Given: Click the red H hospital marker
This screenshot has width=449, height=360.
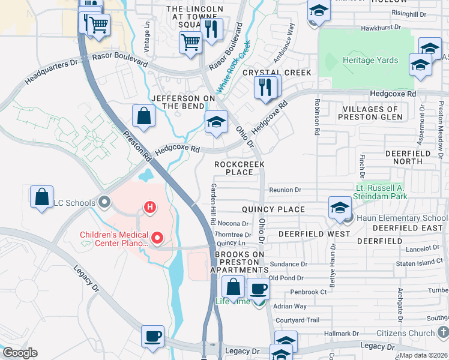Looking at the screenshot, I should (150, 208).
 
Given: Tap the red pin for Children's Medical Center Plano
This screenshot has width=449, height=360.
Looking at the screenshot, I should (158, 238).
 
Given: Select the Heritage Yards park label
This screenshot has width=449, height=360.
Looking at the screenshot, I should (370, 61).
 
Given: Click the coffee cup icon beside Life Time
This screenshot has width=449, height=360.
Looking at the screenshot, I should (258, 289).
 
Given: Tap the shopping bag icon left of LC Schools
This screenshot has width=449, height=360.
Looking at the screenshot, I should (42, 197).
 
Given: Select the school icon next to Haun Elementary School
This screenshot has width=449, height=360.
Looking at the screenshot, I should (340, 208).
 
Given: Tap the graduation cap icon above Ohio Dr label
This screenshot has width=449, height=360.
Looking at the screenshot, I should (216, 122).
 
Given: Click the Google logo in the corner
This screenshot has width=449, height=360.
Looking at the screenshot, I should (19, 352).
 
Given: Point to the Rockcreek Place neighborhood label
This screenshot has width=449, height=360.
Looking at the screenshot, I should (240, 168).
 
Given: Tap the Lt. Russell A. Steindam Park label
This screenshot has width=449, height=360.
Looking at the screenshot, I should (382, 192).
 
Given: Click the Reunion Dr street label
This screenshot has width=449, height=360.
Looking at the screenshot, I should (285, 190).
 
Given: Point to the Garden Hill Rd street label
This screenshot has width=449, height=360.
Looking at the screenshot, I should (212, 204).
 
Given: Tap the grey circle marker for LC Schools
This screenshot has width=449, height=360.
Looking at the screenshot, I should (106, 202).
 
